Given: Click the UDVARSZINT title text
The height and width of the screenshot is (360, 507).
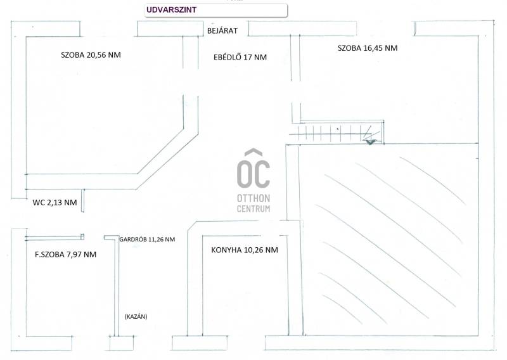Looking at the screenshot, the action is pos(171,10).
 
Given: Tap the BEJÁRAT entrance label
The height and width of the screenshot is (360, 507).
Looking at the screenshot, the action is pos(222,30).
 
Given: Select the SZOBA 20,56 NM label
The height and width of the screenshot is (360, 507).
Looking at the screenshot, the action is pos(91,55).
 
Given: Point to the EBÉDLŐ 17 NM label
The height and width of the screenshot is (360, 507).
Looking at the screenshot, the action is pos(240,57).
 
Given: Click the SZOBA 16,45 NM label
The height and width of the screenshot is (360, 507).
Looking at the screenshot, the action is pos(368,48).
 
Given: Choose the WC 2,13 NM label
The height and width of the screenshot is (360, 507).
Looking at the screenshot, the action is pos(55,203).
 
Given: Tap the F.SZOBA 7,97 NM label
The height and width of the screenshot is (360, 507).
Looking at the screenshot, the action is pos(66,255).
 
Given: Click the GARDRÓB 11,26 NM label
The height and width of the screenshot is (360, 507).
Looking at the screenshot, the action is pos(147,240).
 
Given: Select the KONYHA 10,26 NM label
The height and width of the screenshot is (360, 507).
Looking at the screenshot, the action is pos(245,250).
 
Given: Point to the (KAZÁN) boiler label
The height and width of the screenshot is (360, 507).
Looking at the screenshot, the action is pos(136,317).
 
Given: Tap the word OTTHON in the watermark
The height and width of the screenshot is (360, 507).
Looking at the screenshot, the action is pos(253,198).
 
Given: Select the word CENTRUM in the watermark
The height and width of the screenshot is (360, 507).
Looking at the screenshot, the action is pos(253,209).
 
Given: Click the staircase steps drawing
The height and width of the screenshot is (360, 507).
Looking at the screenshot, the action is pos(337,132).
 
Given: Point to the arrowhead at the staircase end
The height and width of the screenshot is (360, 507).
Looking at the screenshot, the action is pos(369,141).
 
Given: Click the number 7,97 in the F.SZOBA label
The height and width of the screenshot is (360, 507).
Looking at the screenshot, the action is pos(74,255).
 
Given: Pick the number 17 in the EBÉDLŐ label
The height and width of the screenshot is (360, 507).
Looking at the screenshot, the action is pos(248,57).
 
